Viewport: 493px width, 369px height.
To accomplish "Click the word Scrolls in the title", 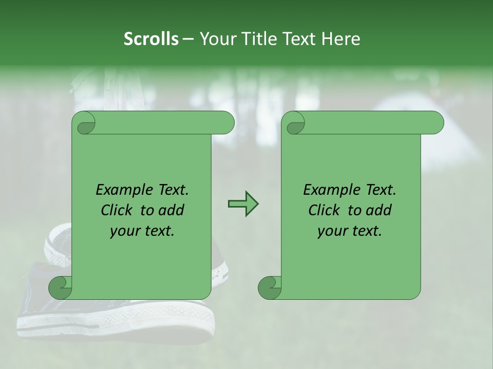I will pos(151,39).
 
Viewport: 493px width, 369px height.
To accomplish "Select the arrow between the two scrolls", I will pos(243,204).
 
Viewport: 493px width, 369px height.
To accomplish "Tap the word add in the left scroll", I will pos(172,210).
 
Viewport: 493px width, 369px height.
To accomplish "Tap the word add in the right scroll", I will pos(379,210).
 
